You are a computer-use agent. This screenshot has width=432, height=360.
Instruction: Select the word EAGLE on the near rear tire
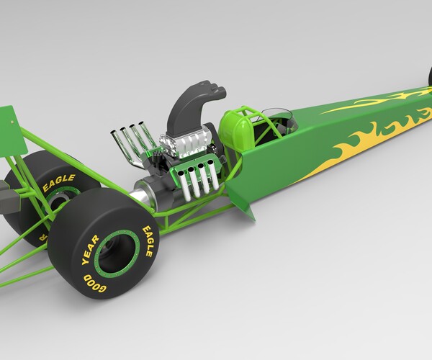click(x=147, y=240)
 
